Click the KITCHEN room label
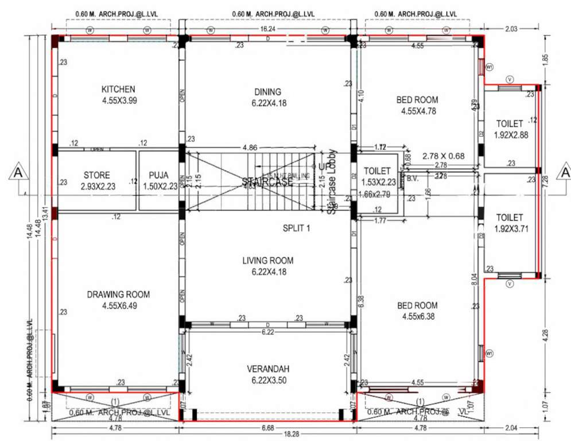(118, 89)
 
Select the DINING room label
(267, 92)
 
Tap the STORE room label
(96, 175)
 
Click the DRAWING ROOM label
(118, 295)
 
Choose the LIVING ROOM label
(267, 261)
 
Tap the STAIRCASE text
(267, 183)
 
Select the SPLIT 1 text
(296, 228)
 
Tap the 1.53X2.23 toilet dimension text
(377, 183)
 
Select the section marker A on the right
(565, 172)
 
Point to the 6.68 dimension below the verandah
(267, 428)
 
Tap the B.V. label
(412, 179)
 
